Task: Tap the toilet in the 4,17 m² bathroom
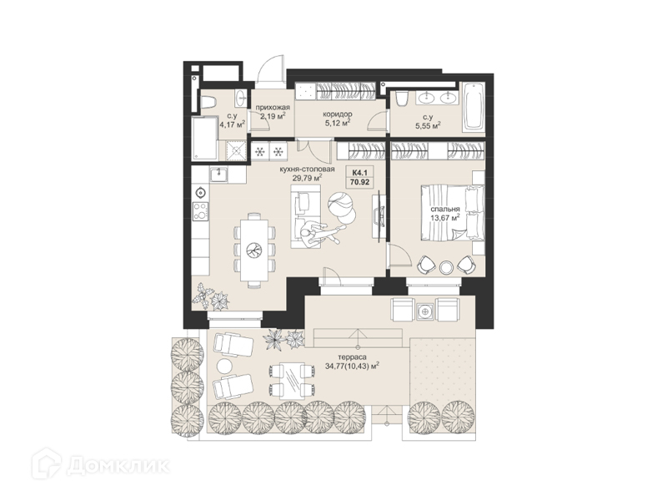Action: pyautogui.click(x=208, y=102)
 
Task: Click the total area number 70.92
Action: pyautogui.click(x=359, y=183)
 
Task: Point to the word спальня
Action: pyautogui.click(x=445, y=210)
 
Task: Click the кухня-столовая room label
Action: pyautogui.click(x=307, y=170)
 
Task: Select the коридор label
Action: pyautogui.click(x=337, y=114)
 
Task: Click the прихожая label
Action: pyautogui.click(x=273, y=107)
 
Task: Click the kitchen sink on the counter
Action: pyautogui.click(x=219, y=174)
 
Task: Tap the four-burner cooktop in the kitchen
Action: pyautogui.click(x=201, y=211)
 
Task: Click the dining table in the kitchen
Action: pyautogui.click(x=254, y=250)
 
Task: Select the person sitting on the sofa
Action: pyautogui.click(x=317, y=233)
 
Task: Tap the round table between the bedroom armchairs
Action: pyautogui.click(x=447, y=266)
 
